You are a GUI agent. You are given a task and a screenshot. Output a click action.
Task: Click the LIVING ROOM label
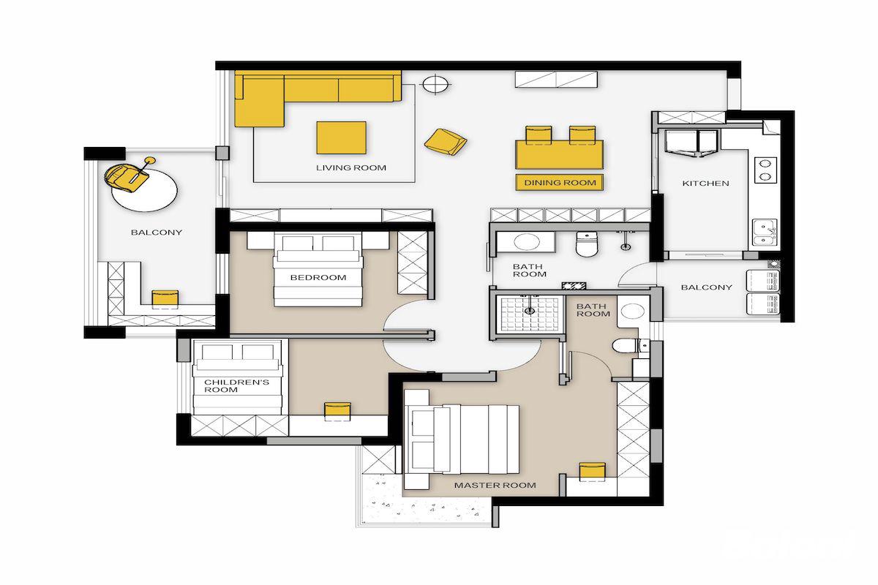tap(351, 167)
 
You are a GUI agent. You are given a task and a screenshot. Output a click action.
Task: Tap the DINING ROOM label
tap(560, 183)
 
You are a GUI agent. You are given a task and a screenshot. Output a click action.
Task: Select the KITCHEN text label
tap(705, 183)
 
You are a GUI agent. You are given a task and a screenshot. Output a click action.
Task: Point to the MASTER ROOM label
tap(495, 485)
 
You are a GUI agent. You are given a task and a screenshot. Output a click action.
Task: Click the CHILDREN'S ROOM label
tap(237, 385)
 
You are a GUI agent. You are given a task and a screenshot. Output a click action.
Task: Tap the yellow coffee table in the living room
tap(342, 137)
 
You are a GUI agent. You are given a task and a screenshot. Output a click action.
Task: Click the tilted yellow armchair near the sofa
tap(446, 141)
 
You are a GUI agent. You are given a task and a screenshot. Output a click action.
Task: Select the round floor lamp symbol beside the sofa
tap(435, 84)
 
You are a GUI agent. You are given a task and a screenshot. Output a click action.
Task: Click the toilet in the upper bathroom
tap(585, 244)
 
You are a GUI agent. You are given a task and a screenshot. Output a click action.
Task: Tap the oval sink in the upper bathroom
tap(526, 242)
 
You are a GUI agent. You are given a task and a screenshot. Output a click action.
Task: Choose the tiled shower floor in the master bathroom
tap(530, 313)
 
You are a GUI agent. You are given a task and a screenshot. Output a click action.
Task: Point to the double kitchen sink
tap(765, 233)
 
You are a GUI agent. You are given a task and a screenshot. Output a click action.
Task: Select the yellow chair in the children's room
tap(337, 411)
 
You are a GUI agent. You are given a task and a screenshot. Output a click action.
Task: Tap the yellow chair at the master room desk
tap(592, 472)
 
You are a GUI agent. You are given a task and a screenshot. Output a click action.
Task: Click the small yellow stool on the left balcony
tap(165, 298)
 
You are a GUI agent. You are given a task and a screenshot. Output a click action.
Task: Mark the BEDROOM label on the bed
tap(318, 277)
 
